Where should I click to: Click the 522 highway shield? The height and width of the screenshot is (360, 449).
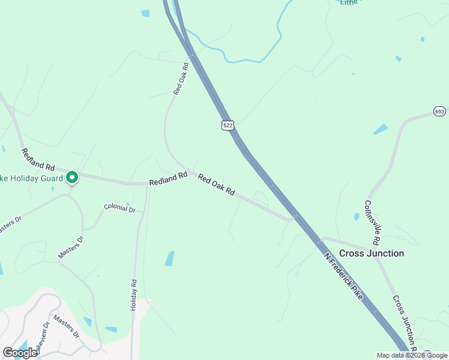[x=227, y=125]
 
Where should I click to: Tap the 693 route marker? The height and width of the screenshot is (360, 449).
[x=439, y=112]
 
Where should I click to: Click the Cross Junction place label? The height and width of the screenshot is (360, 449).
[x=372, y=253]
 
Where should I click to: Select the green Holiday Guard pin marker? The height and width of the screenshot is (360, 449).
[x=72, y=178]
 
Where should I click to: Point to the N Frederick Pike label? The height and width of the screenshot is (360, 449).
[x=343, y=277]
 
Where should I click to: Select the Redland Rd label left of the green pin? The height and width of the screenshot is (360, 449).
[x=38, y=159]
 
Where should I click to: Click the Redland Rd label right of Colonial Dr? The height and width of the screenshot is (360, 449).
[x=169, y=178]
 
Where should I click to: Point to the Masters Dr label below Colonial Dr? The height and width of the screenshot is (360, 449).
[x=71, y=247]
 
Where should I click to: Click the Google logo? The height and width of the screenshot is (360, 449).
[x=20, y=353]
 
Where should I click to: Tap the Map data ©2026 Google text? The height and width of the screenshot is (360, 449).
[x=412, y=355]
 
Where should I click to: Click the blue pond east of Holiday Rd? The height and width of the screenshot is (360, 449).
[x=169, y=259]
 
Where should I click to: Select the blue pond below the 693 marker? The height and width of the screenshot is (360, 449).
[x=381, y=129]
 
